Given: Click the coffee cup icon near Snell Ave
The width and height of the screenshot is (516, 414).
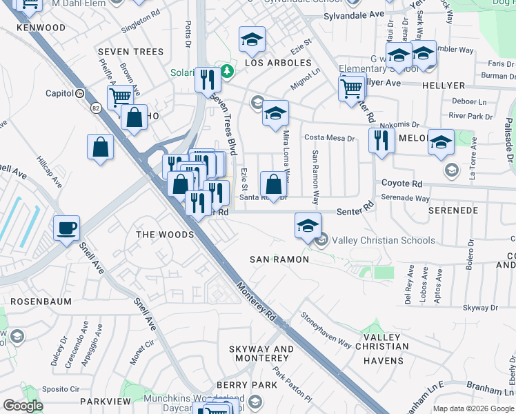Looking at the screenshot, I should (x=67, y=228).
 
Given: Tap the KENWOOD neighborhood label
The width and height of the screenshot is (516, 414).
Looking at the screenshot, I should (x=41, y=28).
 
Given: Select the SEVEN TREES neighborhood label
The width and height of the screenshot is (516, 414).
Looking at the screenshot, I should (x=130, y=52).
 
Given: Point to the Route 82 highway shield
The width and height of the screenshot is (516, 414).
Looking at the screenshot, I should (x=95, y=108).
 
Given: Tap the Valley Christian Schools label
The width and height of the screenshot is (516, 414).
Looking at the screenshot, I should (x=384, y=240).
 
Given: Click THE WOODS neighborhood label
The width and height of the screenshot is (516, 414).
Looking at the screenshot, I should (x=165, y=235).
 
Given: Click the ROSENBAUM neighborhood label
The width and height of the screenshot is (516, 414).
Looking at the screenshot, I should (x=35, y=302).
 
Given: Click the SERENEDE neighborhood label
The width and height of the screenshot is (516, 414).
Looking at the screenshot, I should (x=454, y=210).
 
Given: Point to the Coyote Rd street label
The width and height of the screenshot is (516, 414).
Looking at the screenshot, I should (x=402, y=184).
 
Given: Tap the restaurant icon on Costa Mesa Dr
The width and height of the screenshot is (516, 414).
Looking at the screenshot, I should (x=381, y=140).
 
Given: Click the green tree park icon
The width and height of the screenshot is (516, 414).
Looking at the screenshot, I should (x=226, y=71).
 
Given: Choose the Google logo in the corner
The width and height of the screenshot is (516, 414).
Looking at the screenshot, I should (x=23, y=406).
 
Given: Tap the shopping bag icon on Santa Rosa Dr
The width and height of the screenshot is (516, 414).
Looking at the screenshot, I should (x=273, y=184).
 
